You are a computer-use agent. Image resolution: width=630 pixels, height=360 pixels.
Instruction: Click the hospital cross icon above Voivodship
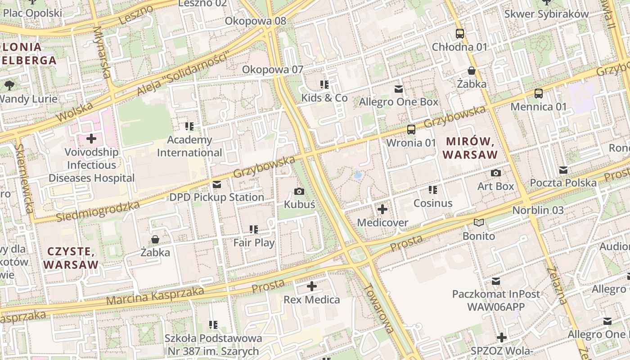[91, 139]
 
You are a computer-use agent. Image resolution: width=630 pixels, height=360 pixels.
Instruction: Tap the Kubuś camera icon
[299, 192]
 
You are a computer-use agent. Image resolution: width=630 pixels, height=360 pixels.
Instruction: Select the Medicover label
[382, 223]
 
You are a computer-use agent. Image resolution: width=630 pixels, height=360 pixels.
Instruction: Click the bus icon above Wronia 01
[411, 130]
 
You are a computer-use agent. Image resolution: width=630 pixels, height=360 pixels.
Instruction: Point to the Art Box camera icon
[496, 173]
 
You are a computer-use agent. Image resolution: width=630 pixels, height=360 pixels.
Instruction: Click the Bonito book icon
[479, 223]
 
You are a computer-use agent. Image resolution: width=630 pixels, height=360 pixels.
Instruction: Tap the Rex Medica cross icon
[312, 286]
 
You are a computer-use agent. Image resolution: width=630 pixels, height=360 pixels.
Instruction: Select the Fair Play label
[254, 243]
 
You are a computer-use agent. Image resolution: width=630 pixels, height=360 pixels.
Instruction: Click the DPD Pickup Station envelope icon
[217, 184]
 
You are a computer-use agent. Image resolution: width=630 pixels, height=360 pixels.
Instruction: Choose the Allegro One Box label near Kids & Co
[399, 102]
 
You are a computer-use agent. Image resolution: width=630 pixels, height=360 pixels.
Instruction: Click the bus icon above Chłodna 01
[460, 34]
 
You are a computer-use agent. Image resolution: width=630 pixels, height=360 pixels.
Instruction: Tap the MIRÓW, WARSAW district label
[471, 148]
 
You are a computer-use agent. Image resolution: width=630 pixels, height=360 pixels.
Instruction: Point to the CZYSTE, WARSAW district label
[71, 258]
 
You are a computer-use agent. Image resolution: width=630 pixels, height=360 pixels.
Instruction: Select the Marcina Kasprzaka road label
[155, 296]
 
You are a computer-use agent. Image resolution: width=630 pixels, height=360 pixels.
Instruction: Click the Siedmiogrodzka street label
[98, 211]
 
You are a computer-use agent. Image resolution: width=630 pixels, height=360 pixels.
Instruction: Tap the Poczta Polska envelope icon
[563, 170]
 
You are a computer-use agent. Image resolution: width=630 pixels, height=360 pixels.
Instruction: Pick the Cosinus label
[433, 203]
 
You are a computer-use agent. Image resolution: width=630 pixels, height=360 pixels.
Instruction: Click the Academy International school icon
[189, 126]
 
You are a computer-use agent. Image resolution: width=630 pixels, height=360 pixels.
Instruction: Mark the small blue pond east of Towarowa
[358, 175]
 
